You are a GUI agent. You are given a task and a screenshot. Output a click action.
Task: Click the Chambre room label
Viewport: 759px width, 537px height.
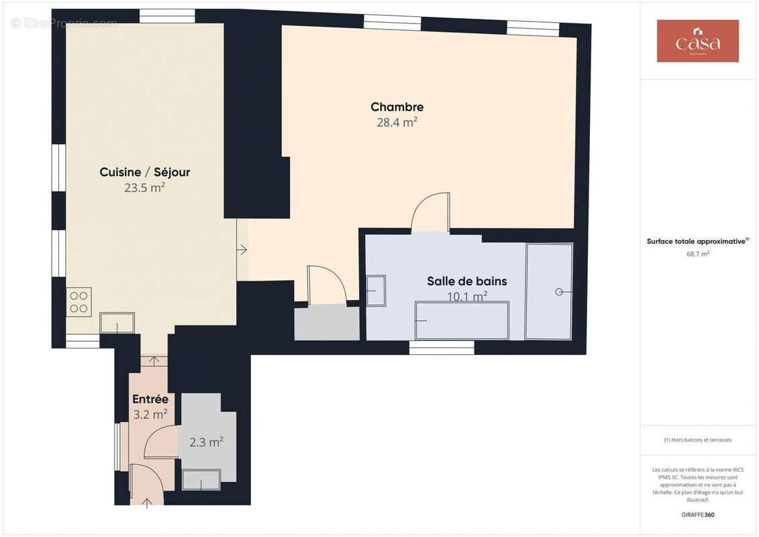point(397,107)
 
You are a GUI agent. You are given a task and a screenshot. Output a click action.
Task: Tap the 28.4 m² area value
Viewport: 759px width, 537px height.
point(397,122)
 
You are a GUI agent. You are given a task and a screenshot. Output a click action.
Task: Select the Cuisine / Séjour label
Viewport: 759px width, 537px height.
point(144,173)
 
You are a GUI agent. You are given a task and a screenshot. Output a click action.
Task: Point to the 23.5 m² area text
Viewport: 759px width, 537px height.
point(144,188)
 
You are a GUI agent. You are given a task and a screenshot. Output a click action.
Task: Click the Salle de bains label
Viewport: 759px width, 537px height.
point(466,281)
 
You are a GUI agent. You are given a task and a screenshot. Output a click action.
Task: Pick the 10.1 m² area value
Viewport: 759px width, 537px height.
point(466,296)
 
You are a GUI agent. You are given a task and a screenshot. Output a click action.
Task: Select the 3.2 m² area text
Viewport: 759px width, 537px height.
point(150,415)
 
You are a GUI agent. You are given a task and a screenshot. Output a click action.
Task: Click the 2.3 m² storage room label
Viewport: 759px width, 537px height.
point(206,442)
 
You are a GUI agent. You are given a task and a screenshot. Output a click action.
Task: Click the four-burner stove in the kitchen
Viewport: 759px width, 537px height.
point(79,301)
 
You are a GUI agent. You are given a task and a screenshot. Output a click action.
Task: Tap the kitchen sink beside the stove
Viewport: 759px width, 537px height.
point(117,323)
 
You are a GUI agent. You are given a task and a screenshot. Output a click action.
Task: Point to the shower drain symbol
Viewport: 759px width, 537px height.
point(558,292)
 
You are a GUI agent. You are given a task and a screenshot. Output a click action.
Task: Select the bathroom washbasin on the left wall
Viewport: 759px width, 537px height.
point(376,291)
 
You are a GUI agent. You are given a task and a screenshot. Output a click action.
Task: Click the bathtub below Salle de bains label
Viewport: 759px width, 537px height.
point(462,320)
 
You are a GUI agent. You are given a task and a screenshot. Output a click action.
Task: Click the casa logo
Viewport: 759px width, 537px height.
point(697,41)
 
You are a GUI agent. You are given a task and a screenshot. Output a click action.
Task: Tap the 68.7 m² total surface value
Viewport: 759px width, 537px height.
point(698,254)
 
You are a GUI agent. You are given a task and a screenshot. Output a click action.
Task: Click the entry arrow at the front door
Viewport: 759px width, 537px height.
point(148,501)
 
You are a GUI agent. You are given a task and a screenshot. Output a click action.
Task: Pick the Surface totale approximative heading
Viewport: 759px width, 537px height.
point(697,241)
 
